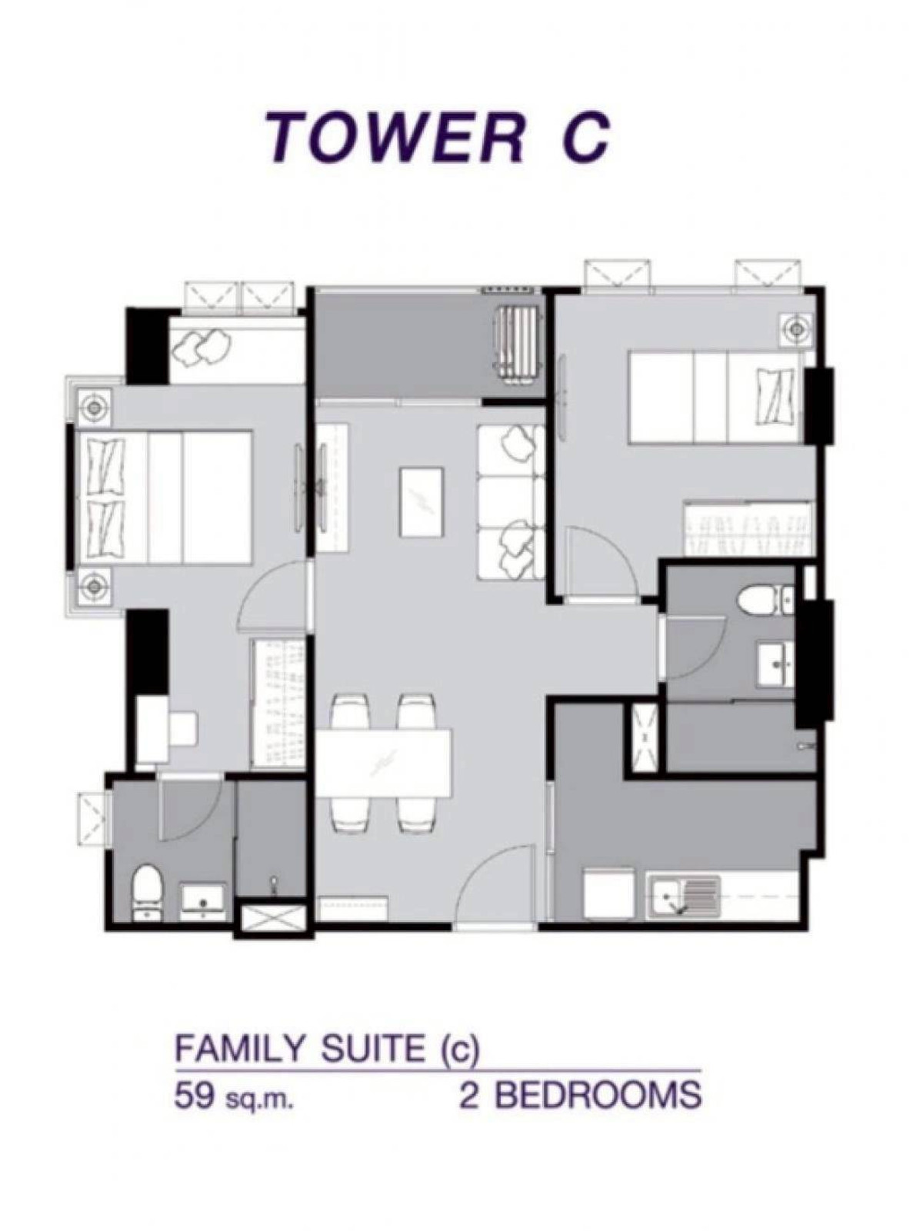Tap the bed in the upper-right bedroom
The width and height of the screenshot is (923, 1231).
point(719,397)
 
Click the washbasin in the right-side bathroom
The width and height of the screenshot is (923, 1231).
point(776,664)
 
